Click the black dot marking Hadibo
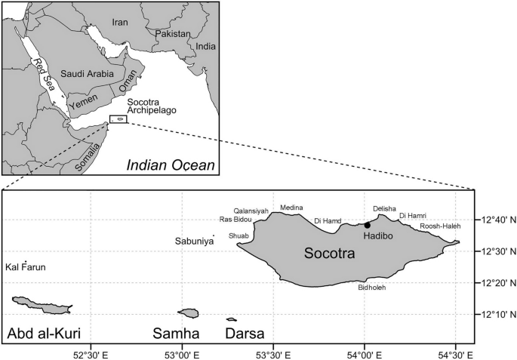click(368, 225)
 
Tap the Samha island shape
click(188, 312)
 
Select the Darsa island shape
click(231, 318)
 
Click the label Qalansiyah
click(251, 211)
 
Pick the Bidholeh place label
click(371, 288)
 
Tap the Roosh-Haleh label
click(440, 226)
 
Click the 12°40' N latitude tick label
click(497, 220)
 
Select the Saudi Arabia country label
click(86, 74)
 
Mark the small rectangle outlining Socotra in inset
click(118, 119)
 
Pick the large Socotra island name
click(329, 254)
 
